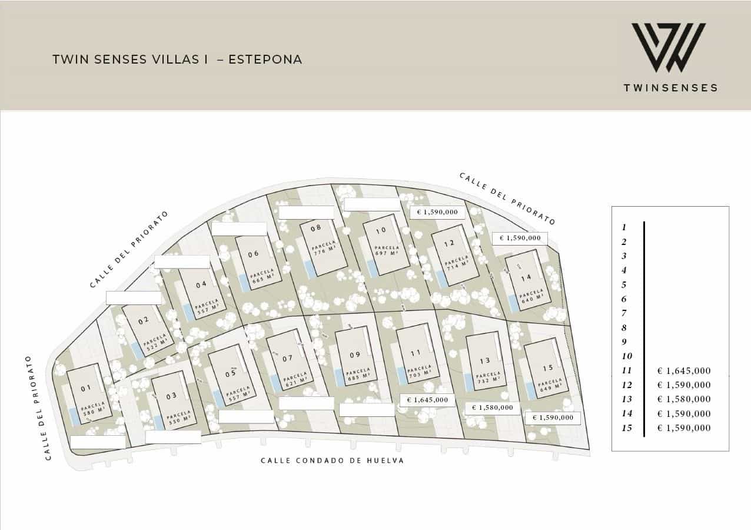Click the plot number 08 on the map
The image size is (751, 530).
click(x=315, y=228)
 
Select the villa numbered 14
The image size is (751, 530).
click(x=526, y=277)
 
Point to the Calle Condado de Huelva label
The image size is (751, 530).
click(x=333, y=461)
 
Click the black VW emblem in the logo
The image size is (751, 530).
click(x=669, y=48)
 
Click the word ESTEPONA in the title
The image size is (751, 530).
click(x=265, y=59)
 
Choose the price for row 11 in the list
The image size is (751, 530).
click(x=684, y=371)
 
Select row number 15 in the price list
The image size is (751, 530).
click(x=627, y=428)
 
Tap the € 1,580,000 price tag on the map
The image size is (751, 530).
click(x=492, y=408)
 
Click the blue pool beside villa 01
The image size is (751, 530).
click(x=74, y=416)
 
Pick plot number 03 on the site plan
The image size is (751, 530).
click(x=171, y=396)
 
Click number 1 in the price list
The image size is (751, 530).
click(x=624, y=227)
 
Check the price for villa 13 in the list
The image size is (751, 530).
click(x=684, y=399)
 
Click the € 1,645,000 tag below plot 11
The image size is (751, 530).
click(x=427, y=400)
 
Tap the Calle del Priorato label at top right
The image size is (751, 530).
click(x=507, y=199)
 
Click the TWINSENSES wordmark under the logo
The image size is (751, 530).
click(x=670, y=88)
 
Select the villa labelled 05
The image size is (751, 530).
click(x=230, y=373)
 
